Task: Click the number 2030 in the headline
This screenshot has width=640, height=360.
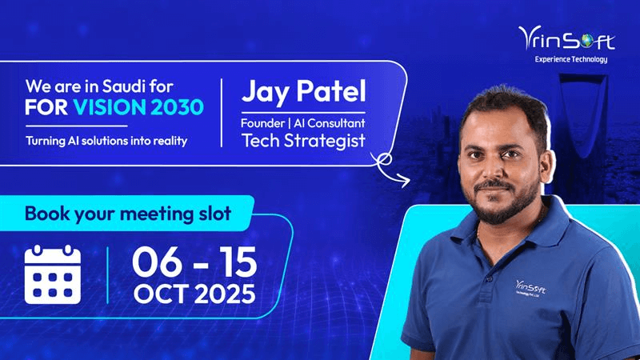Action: (174, 107)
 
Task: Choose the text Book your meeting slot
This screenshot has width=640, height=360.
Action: (128, 214)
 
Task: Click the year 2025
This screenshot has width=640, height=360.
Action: (225, 293)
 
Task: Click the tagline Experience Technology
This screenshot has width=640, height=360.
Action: (571, 59)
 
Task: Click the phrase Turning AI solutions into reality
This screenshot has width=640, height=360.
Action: (106, 142)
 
